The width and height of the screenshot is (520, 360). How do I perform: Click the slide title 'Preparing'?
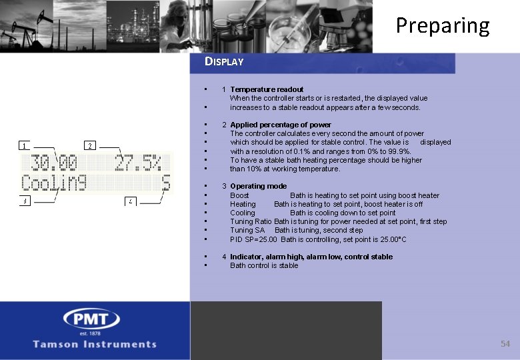pyautogui.click(x=443, y=25)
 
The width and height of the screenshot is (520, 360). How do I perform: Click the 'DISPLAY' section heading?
pyautogui.click(x=224, y=61)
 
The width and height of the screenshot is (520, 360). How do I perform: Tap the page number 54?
pyautogui.click(x=505, y=343)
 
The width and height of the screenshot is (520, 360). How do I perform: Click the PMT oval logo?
pyautogui.click(x=91, y=319)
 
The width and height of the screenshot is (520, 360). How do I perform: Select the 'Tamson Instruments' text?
pyautogui.click(x=95, y=344)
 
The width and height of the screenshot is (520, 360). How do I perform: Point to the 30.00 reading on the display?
pyautogui.click(x=50, y=163)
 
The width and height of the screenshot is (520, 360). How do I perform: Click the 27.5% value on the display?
pyautogui.click(x=138, y=163)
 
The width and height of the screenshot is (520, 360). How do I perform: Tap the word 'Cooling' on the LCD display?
pyautogui.click(x=55, y=182)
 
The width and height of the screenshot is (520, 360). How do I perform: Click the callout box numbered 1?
pyautogui.click(x=23, y=145)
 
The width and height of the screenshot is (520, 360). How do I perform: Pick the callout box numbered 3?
pyautogui.click(x=23, y=201)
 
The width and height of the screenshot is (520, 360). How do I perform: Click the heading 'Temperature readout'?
pyautogui.click(x=267, y=89)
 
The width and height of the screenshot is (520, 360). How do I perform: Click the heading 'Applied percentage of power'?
pyautogui.click(x=280, y=125)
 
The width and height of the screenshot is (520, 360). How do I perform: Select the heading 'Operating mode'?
pyautogui.click(x=258, y=186)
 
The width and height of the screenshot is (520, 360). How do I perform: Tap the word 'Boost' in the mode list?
pyautogui.click(x=239, y=195)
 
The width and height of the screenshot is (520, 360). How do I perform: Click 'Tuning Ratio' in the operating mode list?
pyautogui.click(x=251, y=221)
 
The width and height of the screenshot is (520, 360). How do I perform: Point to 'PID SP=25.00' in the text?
pyautogui.click(x=253, y=239)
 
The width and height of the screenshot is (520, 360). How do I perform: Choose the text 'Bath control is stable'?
pyautogui.click(x=264, y=265)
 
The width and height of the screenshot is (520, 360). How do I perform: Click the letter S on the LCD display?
pyautogui.click(x=166, y=182)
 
